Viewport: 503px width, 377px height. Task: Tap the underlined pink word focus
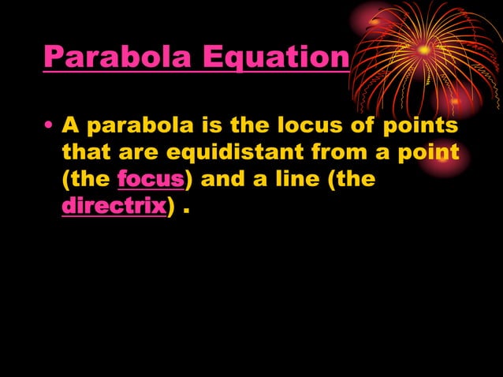[x=151, y=179]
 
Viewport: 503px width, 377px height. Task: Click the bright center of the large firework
[x=424, y=50]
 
